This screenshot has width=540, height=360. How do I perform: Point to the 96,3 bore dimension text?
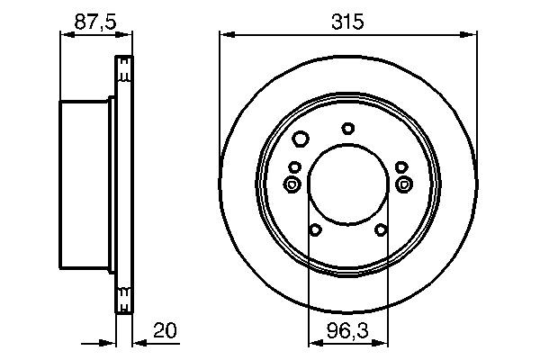click(347, 331)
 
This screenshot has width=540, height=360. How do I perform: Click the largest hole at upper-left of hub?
click(301, 139)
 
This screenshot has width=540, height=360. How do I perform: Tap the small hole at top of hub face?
click(348, 128)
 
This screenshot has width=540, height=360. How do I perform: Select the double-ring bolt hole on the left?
click(292, 184)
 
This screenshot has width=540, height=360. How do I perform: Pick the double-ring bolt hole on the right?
click(402, 184)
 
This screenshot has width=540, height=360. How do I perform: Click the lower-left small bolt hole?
click(315, 230)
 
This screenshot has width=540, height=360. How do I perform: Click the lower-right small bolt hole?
click(381, 230)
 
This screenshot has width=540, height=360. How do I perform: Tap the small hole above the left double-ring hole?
click(294, 166)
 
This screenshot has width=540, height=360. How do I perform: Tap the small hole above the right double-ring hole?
click(400, 166)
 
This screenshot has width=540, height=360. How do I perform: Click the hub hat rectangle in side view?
click(85, 184)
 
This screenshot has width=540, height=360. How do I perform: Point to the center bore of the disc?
click(347, 184)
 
